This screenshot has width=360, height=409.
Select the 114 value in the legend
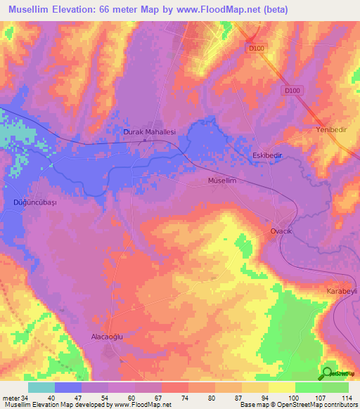tap(346, 398)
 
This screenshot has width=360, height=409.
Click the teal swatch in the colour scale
tap(41, 387)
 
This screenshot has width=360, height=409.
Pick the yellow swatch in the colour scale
tap(282, 387)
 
